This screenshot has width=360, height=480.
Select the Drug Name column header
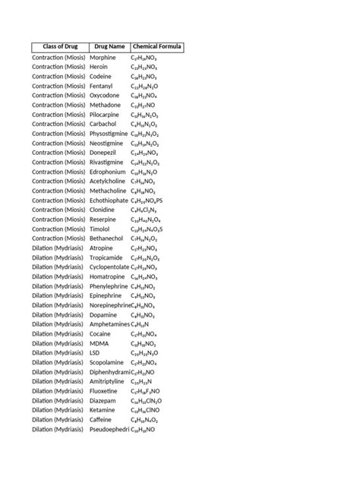[x=107, y=47]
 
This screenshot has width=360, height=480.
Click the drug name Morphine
[x=103, y=57]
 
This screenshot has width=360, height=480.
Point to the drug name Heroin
[x=99, y=67]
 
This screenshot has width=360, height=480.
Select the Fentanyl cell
[x=102, y=86]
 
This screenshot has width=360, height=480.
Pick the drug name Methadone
[x=106, y=105]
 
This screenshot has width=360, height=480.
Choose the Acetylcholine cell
[x=109, y=181]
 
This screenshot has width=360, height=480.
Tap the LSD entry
[x=95, y=352]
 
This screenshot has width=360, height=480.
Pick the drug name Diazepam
[x=104, y=400]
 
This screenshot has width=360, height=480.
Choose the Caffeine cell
[x=103, y=419]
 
